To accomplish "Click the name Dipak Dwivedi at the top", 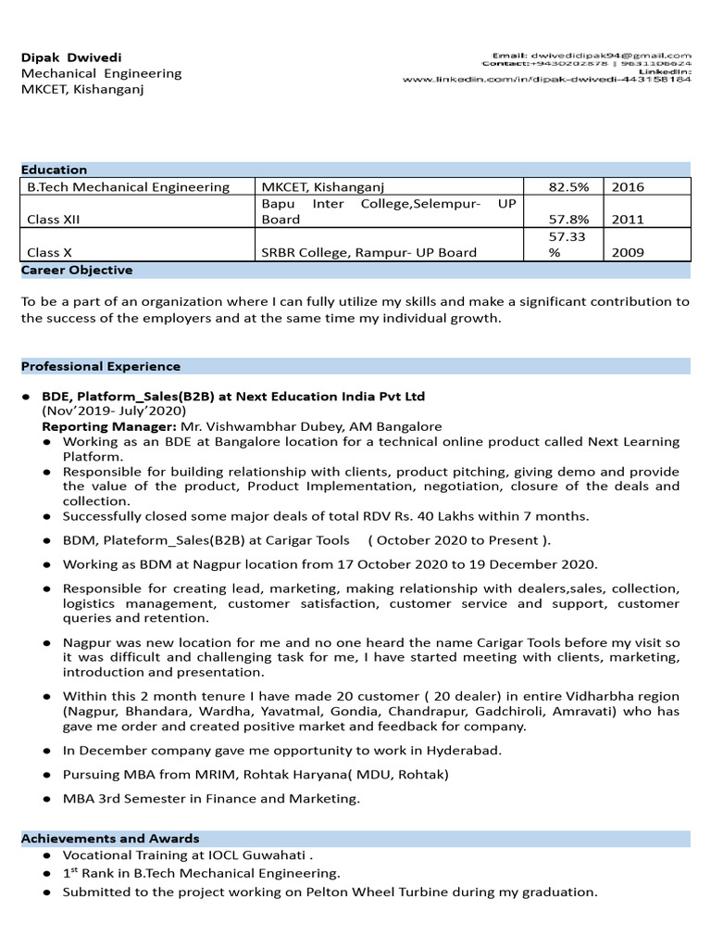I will coord(71,57).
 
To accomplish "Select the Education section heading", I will coord(54,170).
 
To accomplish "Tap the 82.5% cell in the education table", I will coord(568,187).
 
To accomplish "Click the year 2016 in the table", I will coord(628,187).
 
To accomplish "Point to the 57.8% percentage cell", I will coord(568,220).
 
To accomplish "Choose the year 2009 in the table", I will coord(628,252).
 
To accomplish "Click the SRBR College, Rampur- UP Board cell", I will coord(369,252).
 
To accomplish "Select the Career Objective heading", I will coord(77,271).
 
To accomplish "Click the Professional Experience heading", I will coord(101,366).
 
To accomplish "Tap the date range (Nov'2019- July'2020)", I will coord(114,411).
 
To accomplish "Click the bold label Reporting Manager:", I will coord(109,426).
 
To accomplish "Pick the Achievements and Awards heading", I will coord(110,838).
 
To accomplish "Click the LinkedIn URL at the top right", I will coord(546,80).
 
